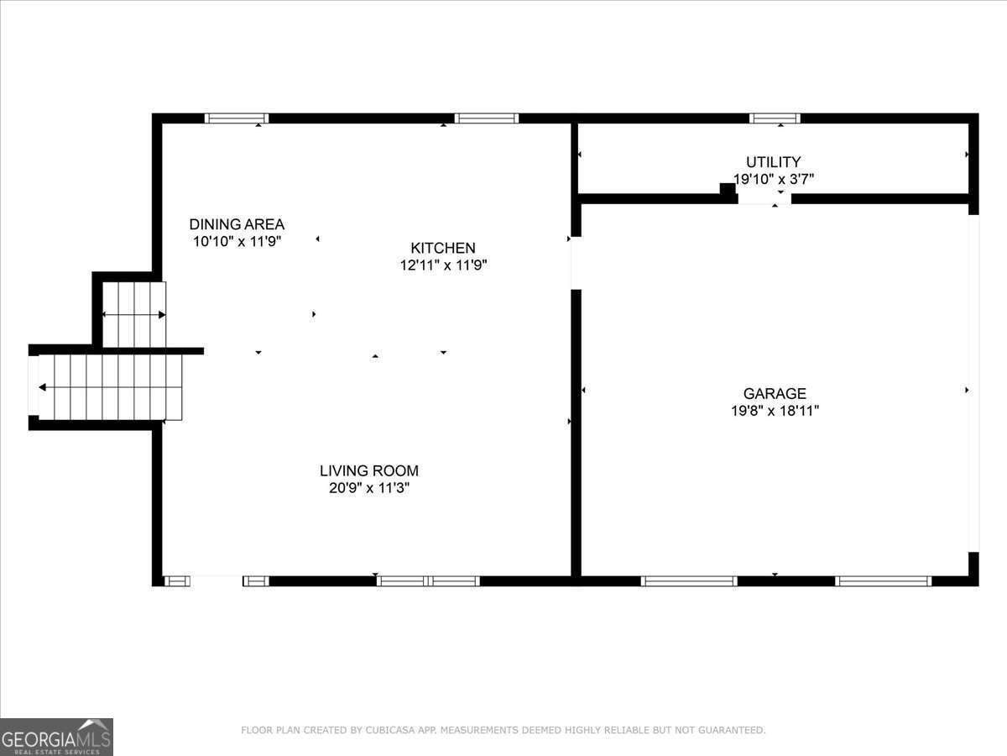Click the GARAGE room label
[775, 393]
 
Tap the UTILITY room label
[773, 161]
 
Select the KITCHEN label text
[442, 248]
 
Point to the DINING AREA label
[237, 224]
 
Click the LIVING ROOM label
[368, 471]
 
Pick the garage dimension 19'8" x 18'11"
[775, 411]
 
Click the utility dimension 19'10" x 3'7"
[773, 179]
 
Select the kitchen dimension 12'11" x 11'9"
[443, 265]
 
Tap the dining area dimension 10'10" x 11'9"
[237, 241]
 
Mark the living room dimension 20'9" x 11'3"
[368, 488]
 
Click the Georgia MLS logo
[56, 737]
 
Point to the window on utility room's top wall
[775, 118]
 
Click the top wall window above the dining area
[237, 118]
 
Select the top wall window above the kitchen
[487, 118]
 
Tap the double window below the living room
[428, 580]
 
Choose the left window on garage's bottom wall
[689, 580]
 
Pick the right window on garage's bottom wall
[883, 580]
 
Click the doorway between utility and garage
[764, 199]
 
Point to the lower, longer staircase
[109, 387]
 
